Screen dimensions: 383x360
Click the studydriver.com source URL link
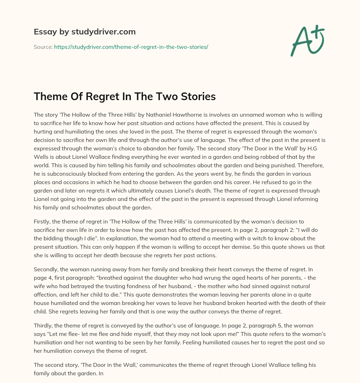[x=131, y=47]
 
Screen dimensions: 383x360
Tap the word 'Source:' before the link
[x=43, y=47]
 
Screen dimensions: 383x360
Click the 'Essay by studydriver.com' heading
[x=84, y=32]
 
